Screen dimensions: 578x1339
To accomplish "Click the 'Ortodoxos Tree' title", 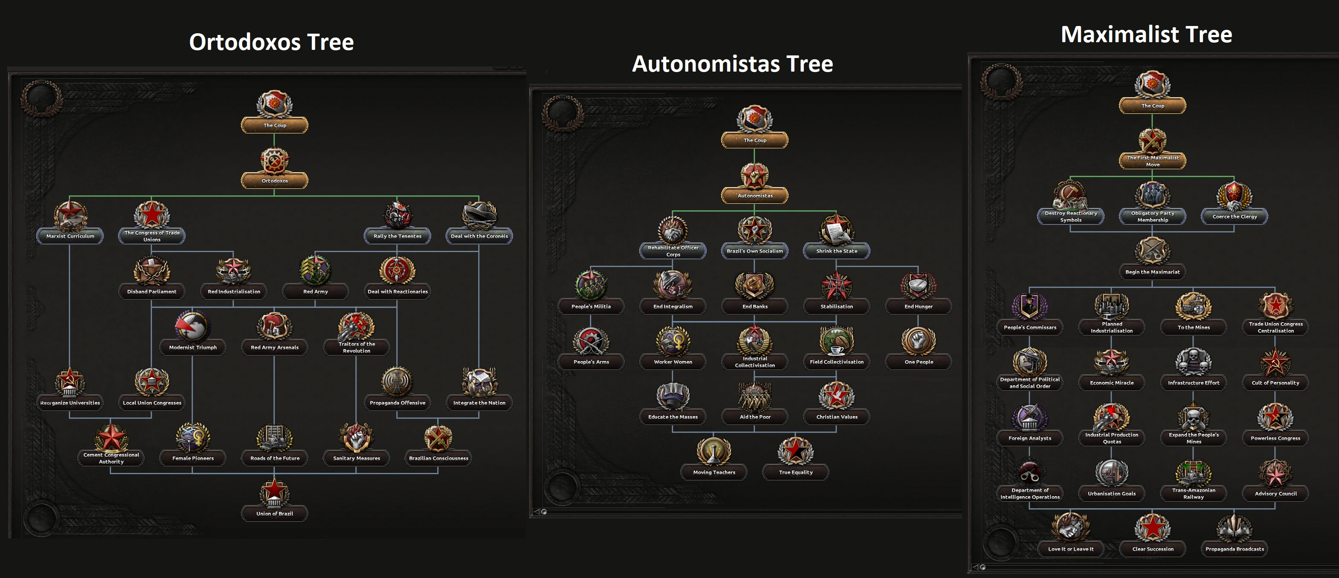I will click(271, 42).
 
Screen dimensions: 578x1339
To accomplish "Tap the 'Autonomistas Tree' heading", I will click(732, 64).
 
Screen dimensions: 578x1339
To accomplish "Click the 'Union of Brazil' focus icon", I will click(275, 492).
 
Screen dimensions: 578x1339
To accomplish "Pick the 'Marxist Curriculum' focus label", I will click(70, 236).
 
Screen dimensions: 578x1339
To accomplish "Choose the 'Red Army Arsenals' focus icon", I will click(275, 326).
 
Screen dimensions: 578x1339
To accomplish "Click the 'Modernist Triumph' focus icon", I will click(192, 326).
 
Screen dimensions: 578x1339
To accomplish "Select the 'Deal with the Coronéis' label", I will click(479, 236).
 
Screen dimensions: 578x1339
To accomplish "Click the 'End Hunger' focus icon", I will click(919, 285).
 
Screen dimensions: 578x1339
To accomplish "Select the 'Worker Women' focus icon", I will click(673, 341).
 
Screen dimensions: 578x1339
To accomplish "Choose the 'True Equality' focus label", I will click(795, 472).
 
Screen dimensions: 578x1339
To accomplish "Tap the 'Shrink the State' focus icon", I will click(836, 230).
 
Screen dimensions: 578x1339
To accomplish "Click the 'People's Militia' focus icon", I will click(591, 285).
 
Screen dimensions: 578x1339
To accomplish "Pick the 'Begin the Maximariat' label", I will click(1152, 272).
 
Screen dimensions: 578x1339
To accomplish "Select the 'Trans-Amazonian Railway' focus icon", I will click(1194, 472).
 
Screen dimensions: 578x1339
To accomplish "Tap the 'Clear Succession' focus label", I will click(1152, 549).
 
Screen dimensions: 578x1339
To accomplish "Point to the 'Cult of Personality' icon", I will click(1275, 362).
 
